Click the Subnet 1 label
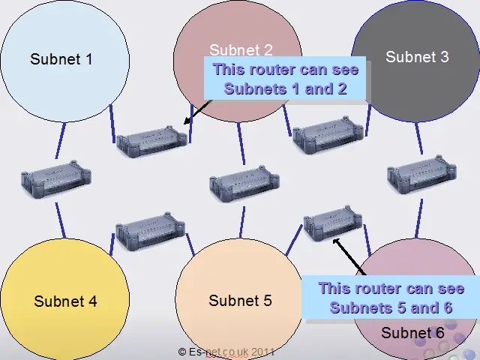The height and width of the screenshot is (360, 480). tap(61, 58)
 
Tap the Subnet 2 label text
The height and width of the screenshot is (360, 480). tap(241, 50)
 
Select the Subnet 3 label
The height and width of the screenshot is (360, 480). tap(417, 57)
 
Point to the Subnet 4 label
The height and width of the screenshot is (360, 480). tap(65, 301)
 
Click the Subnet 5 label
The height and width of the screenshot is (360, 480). tap(240, 300)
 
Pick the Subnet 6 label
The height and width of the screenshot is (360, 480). tap(412, 333)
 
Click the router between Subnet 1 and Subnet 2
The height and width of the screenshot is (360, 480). tap(152, 141)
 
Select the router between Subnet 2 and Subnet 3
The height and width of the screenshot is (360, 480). tap(328, 134)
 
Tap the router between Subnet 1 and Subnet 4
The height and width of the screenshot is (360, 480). tap(56, 179)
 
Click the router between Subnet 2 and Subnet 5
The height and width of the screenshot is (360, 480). tap(244, 184)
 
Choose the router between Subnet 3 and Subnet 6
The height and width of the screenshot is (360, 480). tap(421, 175)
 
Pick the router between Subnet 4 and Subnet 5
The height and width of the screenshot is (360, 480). tap(150, 231)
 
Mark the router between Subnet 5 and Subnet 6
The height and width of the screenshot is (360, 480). tap(333, 223)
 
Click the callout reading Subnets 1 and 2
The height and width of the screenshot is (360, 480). tap(285, 78)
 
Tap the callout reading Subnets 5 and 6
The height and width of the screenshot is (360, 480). tap(391, 298)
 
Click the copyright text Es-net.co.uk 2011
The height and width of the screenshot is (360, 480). tap(226, 352)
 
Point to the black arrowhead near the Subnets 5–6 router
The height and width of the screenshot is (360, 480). tap(337, 242)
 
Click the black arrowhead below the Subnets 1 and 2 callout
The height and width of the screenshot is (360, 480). tap(187, 121)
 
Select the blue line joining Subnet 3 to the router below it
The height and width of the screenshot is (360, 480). tap(419, 138)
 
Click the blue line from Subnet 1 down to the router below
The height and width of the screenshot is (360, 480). tap(60, 140)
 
